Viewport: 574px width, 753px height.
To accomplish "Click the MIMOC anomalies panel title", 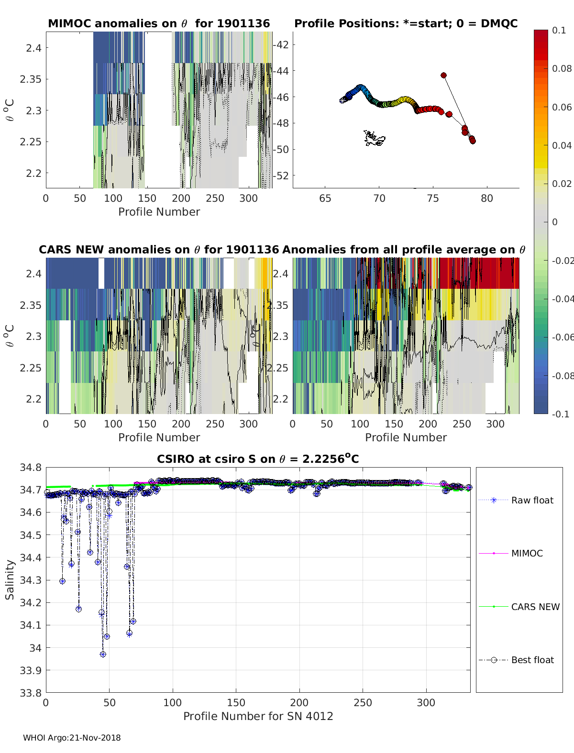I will pyautogui.click(x=159, y=23).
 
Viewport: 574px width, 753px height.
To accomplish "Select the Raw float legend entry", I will pyautogui.click(x=532, y=500).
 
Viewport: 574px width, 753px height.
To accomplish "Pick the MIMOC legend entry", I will pyautogui.click(x=527, y=553).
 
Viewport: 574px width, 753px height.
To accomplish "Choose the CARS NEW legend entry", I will pyautogui.click(x=535, y=607).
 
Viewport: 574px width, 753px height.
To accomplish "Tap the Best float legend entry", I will pyautogui.click(x=532, y=660).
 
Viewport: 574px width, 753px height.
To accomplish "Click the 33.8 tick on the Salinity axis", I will pyautogui.click(x=31, y=693).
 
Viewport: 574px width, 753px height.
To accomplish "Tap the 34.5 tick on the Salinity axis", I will pyautogui.click(x=31, y=535).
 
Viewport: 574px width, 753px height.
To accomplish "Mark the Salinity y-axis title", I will pyautogui.click(x=10, y=579).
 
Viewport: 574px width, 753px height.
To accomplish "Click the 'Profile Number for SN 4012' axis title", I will pyautogui.click(x=258, y=716).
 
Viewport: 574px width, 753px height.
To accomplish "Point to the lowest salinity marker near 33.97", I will pyautogui.click(x=103, y=654).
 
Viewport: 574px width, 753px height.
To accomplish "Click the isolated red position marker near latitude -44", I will pyautogui.click(x=443, y=75).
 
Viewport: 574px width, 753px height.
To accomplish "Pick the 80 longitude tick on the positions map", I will pyautogui.click(x=486, y=198).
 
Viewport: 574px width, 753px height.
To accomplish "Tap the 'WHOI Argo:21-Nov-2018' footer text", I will pyautogui.click(x=72, y=738).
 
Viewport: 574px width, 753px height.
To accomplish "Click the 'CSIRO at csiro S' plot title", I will pyautogui.click(x=258, y=459).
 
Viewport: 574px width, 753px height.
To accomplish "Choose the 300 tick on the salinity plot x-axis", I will pyautogui.click(x=426, y=702).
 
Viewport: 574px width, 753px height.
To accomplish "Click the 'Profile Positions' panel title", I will pyautogui.click(x=406, y=23).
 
